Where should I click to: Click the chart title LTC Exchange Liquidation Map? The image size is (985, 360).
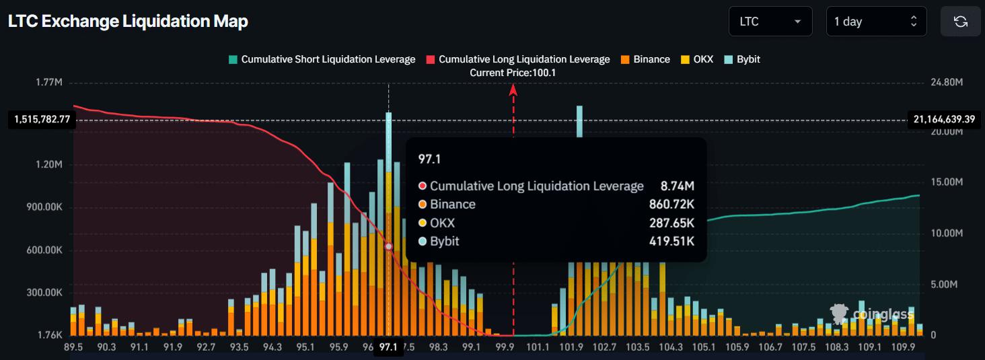tap(128, 22)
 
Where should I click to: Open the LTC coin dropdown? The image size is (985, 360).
tap(770, 22)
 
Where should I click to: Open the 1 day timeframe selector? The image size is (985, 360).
tap(875, 22)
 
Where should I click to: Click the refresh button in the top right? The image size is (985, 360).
tap(960, 22)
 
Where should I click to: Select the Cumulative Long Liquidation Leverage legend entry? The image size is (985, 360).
tap(517, 59)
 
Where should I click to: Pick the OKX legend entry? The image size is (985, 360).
tap(697, 59)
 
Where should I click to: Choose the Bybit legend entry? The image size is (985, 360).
tap(742, 59)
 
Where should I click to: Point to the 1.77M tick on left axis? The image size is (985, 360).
tap(49, 82)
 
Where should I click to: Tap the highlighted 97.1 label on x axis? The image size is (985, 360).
tap(388, 347)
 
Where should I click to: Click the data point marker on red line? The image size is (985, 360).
tap(388, 247)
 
